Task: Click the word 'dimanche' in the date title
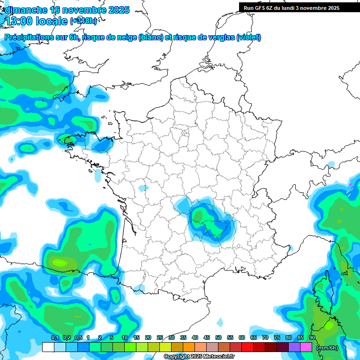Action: [x=23, y=10]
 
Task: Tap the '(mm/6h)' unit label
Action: [x=327, y=347]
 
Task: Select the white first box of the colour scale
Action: [x=48, y=347]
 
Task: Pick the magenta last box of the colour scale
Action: [x=306, y=347]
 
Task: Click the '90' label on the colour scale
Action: [x=312, y=338]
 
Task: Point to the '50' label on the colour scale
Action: [x=218, y=338]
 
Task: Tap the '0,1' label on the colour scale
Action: [x=54, y=338]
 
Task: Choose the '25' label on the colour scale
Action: [x=160, y=338]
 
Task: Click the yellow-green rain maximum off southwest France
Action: [x=60, y=262]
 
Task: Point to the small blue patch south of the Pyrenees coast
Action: [x=220, y=322]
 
